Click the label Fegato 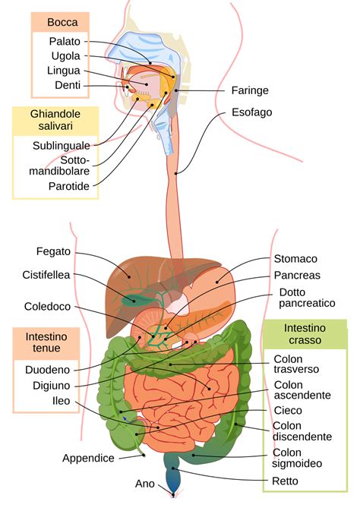click(x=53, y=251)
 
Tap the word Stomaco click(x=295, y=259)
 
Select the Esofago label click(x=251, y=112)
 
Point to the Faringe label click(x=250, y=90)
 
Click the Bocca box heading click(x=62, y=22)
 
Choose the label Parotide click(x=69, y=186)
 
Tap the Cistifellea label click(x=46, y=275)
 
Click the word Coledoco click(x=47, y=306)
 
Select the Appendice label click(x=88, y=458)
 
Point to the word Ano click(x=145, y=484)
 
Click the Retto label click(x=285, y=481)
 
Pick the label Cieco click(x=288, y=410)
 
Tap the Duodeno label click(x=47, y=370)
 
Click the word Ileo click(x=61, y=401)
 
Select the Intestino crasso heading click(x=305, y=334)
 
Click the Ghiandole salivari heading click(x=55, y=120)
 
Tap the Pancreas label click(x=297, y=276)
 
